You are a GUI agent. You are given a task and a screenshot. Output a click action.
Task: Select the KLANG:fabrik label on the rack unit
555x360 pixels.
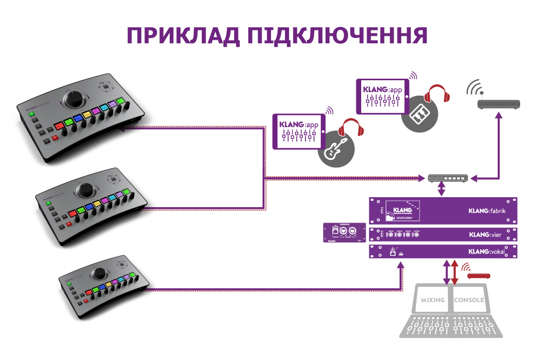[x=487, y=211]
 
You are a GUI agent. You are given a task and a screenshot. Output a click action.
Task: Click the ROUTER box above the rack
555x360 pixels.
[x=447, y=178]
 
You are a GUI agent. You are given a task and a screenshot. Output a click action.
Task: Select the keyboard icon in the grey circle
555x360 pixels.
[x=418, y=116]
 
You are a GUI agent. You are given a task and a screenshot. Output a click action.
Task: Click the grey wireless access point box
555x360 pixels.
[x=499, y=104]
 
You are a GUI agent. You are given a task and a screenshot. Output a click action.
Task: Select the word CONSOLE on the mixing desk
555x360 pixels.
[x=468, y=300]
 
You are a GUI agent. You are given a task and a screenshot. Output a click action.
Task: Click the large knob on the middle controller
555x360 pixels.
[x=88, y=190]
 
